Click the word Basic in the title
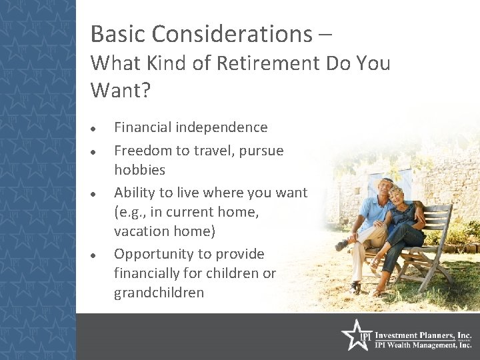(x=114, y=33)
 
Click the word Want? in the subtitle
(x=121, y=90)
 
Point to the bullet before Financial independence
(x=96, y=128)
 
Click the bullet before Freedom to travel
(x=96, y=151)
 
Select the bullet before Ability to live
(x=96, y=193)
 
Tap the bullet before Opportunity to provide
(x=96, y=255)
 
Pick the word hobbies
(x=139, y=170)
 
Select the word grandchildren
(x=159, y=293)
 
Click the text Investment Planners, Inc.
(x=423, y=336)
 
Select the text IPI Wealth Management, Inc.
(x=423, y=345)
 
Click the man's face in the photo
(x=385, y=187)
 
